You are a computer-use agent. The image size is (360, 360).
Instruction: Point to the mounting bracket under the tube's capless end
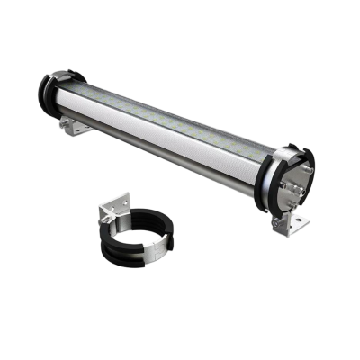[x=77, y=129]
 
